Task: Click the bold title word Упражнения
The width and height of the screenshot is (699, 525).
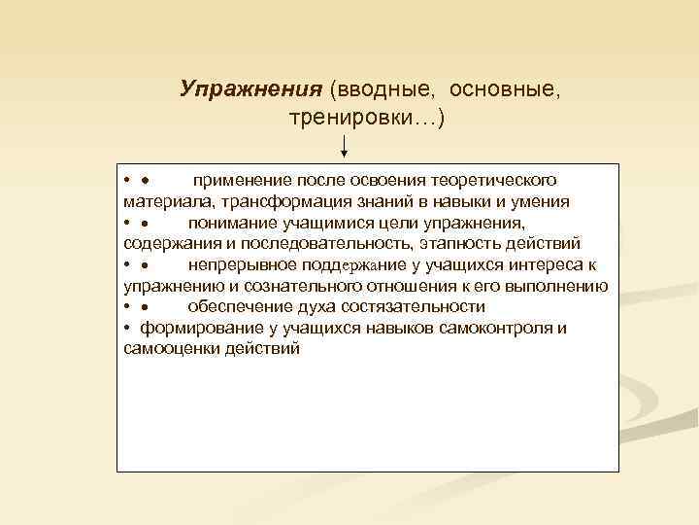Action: point(250,89)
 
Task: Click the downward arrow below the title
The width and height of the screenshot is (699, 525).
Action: point(345,147)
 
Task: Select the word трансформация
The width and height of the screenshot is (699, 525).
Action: point(281,201)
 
